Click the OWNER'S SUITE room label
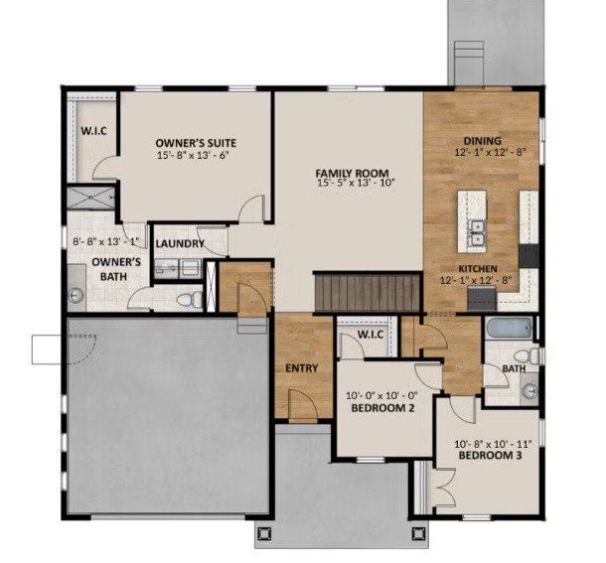click(196, 142)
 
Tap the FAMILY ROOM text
click(352, 171)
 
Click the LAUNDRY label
click(180, 243)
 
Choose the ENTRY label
click(301, 368)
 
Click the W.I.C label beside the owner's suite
click(93, 131)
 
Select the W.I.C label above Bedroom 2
click(370, 335)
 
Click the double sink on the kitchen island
click(477, 231)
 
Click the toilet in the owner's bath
click(189, 298)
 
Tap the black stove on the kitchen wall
click(529, 255)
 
